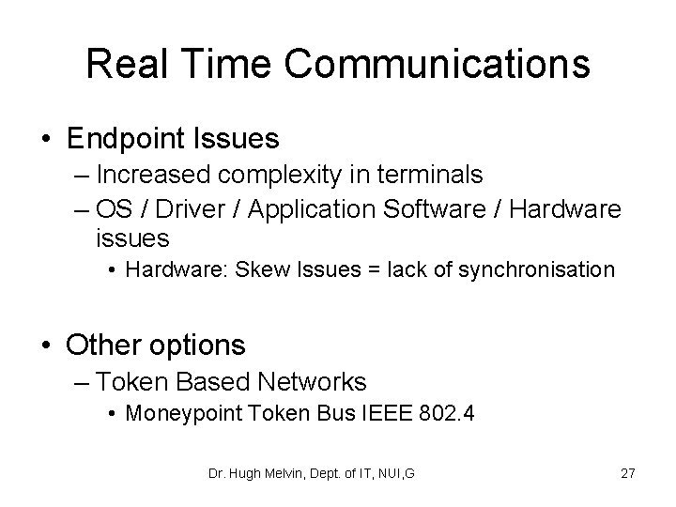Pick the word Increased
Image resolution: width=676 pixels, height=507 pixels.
coord(156,175)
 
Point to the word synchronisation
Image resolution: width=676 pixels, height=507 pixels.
coord(538,270)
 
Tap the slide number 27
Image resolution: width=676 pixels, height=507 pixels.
coord(627,473)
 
